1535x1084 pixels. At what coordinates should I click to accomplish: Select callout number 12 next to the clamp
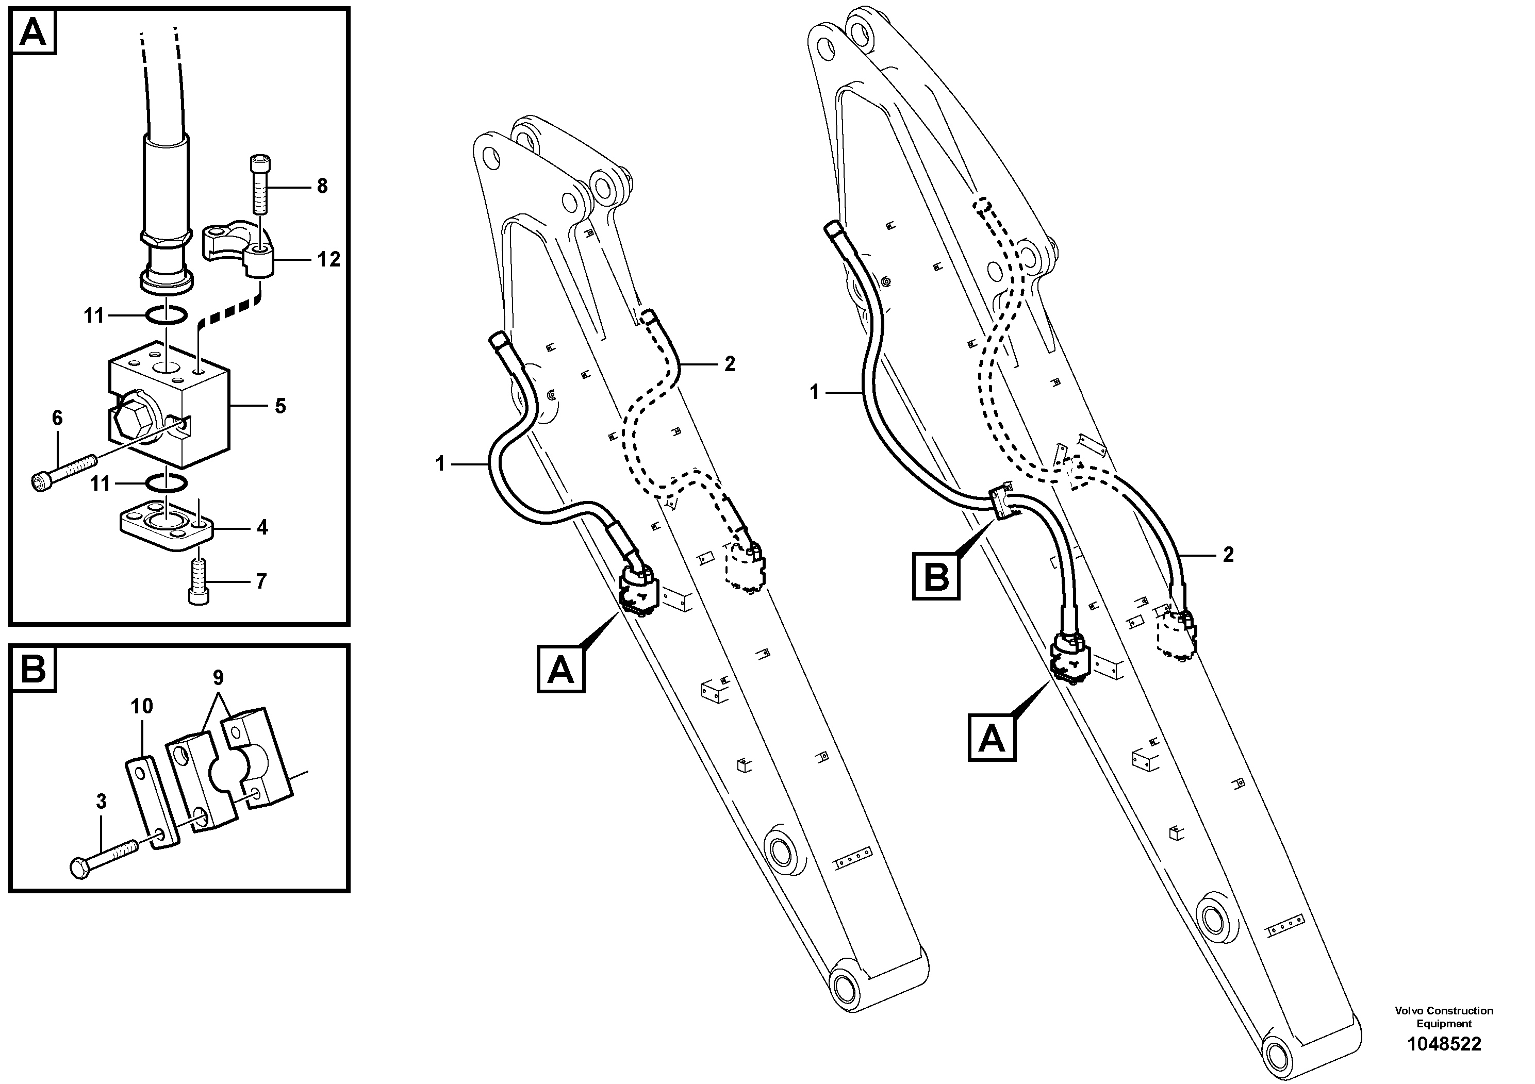point(328,259)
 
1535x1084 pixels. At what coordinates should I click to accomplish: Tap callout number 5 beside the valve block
point(280,406)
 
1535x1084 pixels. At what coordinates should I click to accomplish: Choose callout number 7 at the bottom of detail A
point(261,581)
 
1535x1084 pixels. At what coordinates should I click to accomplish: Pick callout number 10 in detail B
point(142,706)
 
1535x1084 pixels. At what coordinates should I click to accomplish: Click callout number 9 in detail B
point(218,678)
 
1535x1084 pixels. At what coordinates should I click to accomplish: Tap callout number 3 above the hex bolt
point(101,801)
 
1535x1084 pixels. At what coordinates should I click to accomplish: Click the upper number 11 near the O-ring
point(94,315)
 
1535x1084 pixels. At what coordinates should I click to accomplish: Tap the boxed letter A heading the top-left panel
point(34,31)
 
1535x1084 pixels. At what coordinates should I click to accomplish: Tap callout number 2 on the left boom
point(730,364)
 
